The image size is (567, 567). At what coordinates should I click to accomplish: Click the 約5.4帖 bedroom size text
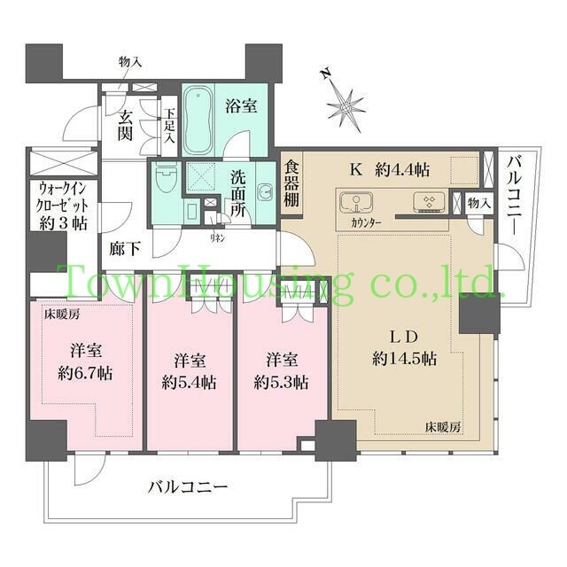coord(188,383)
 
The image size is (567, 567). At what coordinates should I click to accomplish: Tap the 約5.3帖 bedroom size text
coord(281,383)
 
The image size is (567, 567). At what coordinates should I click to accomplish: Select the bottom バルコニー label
coord(188,486)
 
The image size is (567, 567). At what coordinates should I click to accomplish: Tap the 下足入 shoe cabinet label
coord(169,128)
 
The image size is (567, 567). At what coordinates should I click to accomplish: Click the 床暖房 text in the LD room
coord(443,426)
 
